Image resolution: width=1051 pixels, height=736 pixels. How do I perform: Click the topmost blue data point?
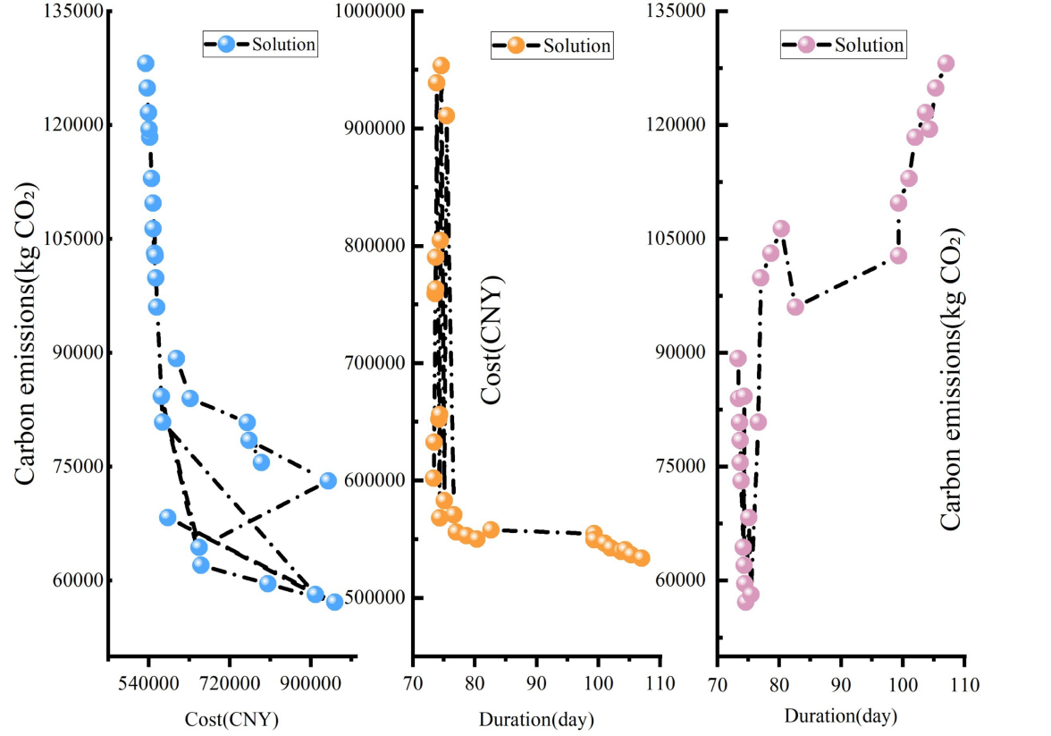click(146, 63)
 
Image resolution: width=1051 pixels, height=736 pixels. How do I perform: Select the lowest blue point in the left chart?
click(334, 602)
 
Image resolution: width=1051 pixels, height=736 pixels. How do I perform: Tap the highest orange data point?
click(441, 65)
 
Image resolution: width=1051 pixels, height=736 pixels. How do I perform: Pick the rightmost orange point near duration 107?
click(641, 558)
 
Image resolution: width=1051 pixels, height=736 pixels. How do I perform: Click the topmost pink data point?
click(946, 63)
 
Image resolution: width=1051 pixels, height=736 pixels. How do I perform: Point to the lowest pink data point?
click(745, 602)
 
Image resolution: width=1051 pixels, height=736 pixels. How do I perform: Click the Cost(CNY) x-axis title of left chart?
click(231, 718)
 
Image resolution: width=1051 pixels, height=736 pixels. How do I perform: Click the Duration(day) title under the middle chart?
click(536, 719)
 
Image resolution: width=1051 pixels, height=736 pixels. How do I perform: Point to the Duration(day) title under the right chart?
click(841, 716)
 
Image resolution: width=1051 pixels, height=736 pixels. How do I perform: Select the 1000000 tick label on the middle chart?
click(366, 11)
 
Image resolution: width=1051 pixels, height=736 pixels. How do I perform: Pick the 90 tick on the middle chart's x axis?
click(536, 685)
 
